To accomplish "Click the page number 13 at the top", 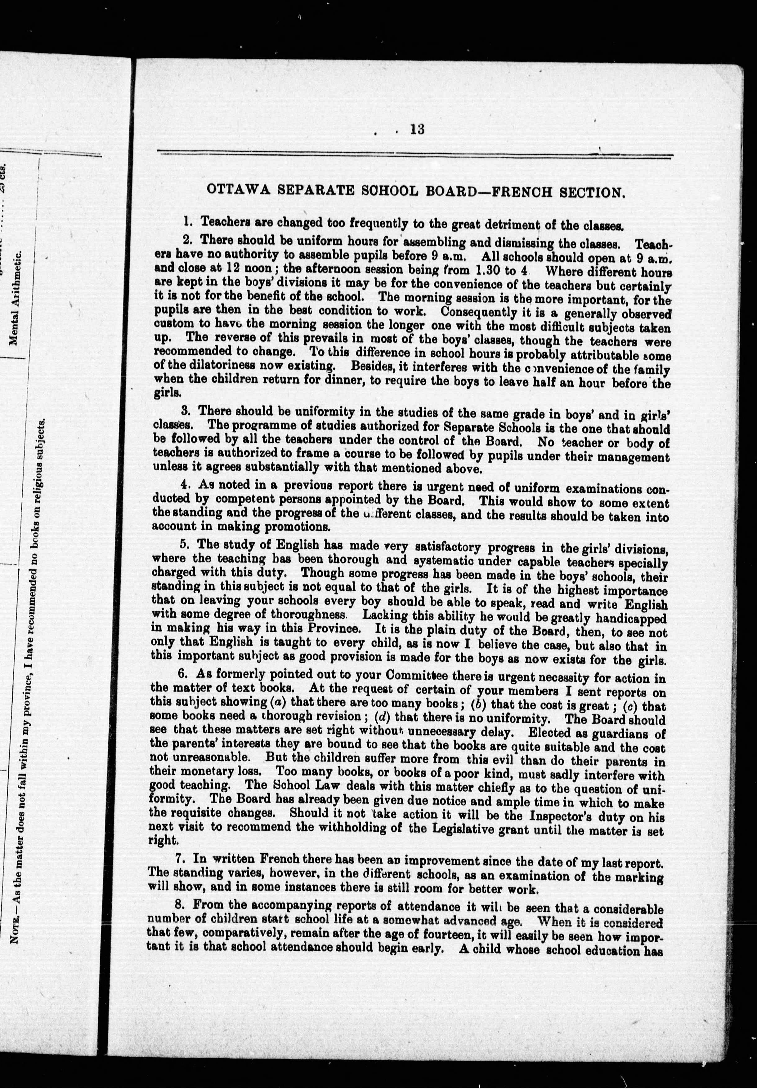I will tap(417, 129).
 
